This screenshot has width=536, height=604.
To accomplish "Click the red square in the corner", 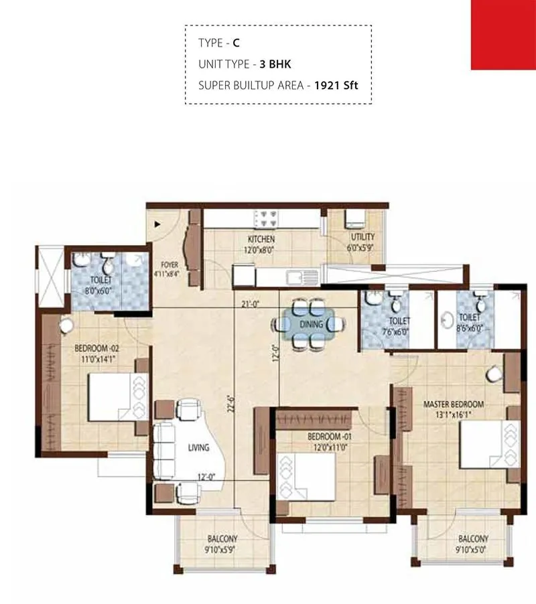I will click(x=503, y=34).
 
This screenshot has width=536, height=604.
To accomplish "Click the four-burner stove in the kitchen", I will click(x=266, y=218).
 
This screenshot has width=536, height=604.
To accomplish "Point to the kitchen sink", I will click(x=295, y=276).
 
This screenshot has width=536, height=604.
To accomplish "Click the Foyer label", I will click(x=170, y=265).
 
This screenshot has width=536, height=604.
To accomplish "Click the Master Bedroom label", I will click(x=453, y=404).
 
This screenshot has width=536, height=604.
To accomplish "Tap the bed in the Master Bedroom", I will click(x=481, y=444).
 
